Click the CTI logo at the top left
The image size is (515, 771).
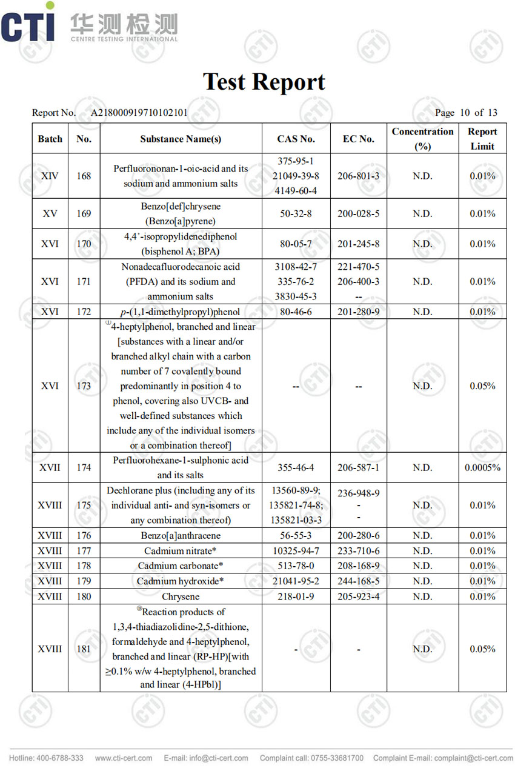(x=28, y=26)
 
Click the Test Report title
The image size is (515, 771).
(x=264, y=82)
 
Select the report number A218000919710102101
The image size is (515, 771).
(x=139, y=113)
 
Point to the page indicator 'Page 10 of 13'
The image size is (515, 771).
(x=466, y=113)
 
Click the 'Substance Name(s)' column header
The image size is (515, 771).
(x=181, y=139)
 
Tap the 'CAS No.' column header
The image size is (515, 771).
(x=296, y=139)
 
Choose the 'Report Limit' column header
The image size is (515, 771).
(x=482, y=139)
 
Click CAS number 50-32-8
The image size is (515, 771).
(x=296, y=213)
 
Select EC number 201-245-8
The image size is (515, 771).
(x=358, y=244)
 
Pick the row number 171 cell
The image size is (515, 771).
(x=84, y=281)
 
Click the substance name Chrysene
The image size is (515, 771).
(x=181, y=596)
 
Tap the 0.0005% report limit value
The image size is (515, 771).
(x=482, y=467)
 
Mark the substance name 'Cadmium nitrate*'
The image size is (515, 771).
(x=181, y=551)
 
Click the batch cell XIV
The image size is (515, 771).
(x=50, y=176)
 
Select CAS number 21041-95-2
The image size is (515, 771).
(x=296, y=581)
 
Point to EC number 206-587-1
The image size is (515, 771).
(x=358, y=467)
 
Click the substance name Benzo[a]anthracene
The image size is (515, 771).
(x=181, y=536)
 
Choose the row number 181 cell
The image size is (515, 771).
(x=84, y=649)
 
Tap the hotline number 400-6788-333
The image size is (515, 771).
(x=60, y=758)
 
